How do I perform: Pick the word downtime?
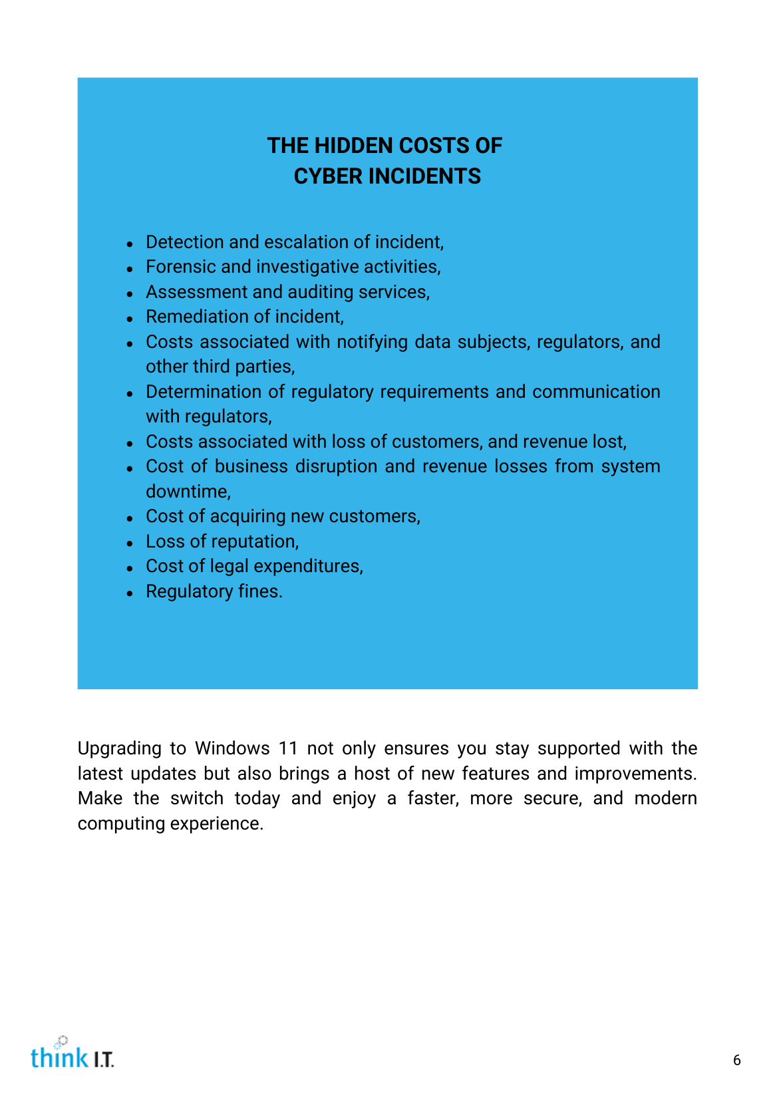pos(187,492)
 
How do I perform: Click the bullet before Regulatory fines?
pos(130,592)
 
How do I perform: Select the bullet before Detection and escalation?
pos(130,243)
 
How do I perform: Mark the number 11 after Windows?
pos(288,748)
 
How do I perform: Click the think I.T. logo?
pos(72,1053)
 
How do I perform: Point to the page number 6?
pos(736,1060)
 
